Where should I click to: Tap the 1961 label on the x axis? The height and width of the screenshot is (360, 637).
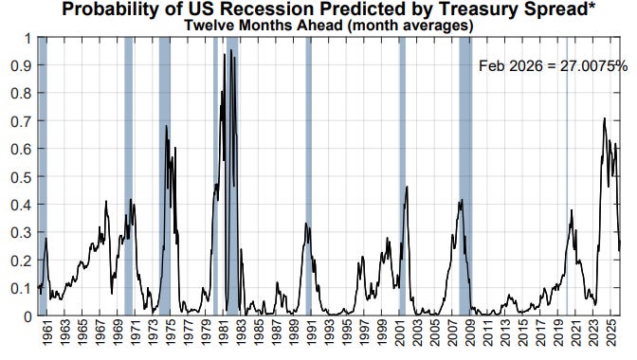[x=46, y=337]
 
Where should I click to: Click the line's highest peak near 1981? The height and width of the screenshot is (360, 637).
[x=224, y=55]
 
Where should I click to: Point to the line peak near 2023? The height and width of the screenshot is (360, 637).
[x=604, y=118]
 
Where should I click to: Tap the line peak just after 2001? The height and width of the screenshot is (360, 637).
[x=407, y=187]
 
